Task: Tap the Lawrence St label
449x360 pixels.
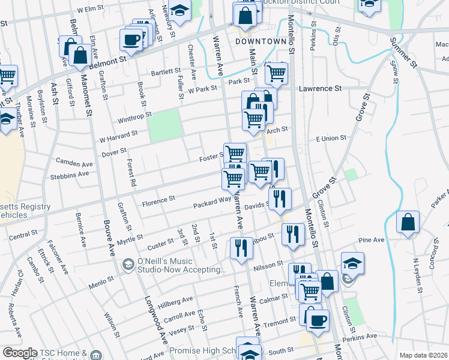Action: coord(321,88)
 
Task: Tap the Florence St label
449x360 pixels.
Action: coord(158,198)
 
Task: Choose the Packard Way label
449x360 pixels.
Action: coord(212,204)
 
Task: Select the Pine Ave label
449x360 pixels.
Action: coord(370,240)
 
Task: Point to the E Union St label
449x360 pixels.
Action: coord(331,138)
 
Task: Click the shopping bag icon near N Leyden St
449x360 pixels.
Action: coord(408,222)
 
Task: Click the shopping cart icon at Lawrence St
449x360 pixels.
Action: coord(276,74)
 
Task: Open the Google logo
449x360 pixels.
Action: coord(20,353)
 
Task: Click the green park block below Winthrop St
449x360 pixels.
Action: coord(164,125)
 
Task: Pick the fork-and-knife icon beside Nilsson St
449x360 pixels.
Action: coord(240,248)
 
